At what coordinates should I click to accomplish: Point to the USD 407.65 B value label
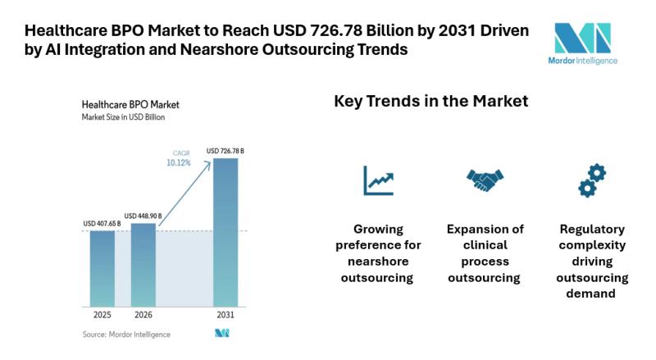(x=102, y=223)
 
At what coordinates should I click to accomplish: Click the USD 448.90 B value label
(x=143, y=216)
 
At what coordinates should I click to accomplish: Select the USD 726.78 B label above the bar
(x=225, y=151)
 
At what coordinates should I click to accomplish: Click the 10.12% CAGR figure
(x=178, y=162)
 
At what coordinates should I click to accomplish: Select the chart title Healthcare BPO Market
(x=130, y=105)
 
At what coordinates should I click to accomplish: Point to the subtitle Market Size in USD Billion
(x=123, y=118)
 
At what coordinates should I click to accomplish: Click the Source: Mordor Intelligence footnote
(x=126, y=335)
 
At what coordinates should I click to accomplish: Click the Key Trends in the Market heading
(x=430, y=102)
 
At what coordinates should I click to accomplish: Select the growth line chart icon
(x=378, y=180)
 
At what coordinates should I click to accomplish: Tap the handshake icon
(x=485, y=180)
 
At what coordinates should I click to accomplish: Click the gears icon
(x=591, y=180)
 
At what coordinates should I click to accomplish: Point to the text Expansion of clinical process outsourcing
(x=485, y=253)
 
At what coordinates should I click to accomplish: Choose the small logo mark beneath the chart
(x=221, y=333)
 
